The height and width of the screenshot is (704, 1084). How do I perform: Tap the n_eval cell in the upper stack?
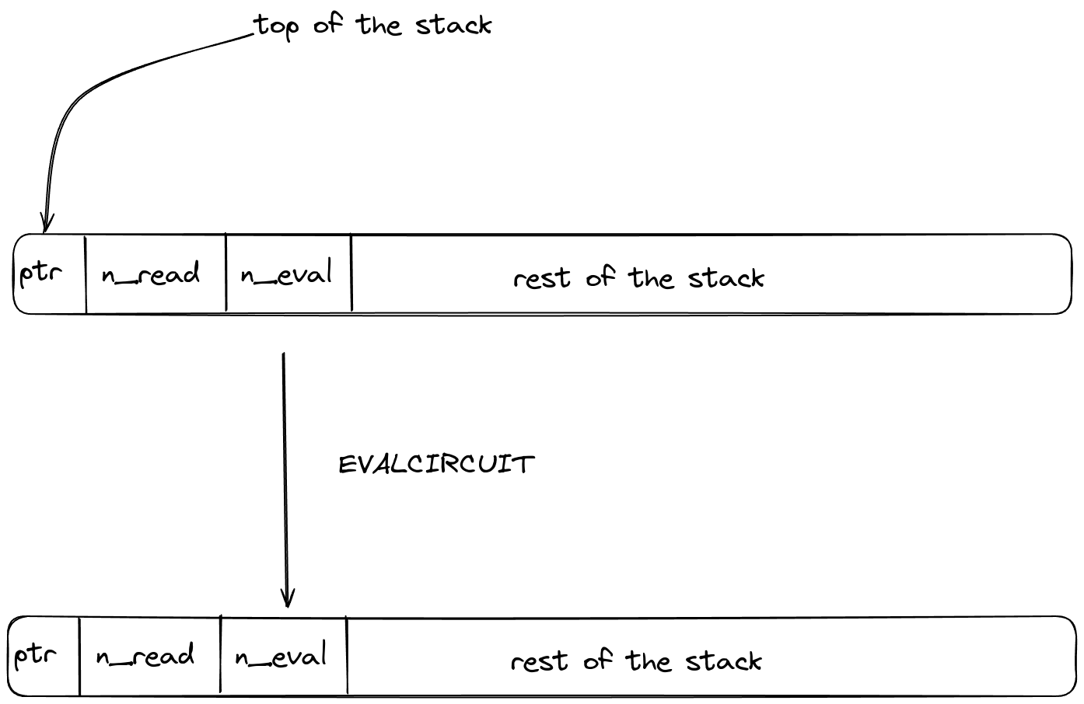coord(287,274)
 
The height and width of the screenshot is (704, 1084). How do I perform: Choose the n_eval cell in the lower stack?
coord(281,657)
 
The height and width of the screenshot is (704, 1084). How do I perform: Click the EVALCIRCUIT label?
coord(436,465)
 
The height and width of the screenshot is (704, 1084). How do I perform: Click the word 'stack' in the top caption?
coord(453,26)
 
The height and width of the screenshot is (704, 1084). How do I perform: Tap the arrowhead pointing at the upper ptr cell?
coord(46,225)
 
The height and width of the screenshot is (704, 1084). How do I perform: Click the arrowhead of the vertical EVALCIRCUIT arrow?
coord(288,600)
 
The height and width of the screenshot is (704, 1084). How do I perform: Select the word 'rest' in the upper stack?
coord(542,278)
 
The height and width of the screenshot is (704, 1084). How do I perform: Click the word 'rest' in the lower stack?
coord(539,661)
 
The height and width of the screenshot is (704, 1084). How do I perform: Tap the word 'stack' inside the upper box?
coord(726,277)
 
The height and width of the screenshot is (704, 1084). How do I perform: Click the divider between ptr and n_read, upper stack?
coord(86,274)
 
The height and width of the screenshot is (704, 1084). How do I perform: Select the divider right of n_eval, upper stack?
coord(351,274)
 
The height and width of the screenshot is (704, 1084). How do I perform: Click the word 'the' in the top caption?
coord(379,25)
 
